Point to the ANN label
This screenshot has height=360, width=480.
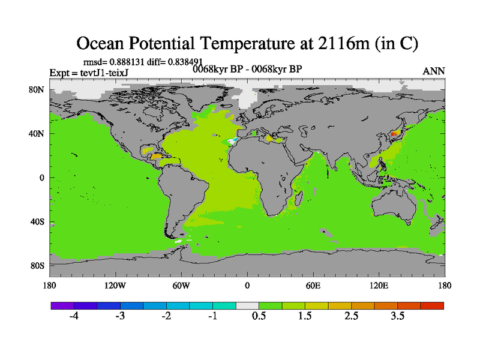point(433,71)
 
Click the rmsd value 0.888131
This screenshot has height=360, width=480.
point(125,61)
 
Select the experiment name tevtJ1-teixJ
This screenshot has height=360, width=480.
point(107,73)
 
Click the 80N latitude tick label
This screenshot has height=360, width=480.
point(37,90)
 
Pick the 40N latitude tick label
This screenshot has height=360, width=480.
point(37,134)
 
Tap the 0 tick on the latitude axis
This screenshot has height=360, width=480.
point(42,178)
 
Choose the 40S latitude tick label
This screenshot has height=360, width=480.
point(37,221)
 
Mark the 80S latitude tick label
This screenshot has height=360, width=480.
point(37,265)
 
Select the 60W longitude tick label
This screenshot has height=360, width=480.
point(181,285)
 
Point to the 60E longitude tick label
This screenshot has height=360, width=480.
point(313,285)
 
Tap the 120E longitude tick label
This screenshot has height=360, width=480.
point(379,285)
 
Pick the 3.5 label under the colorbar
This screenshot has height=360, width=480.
point(398,316)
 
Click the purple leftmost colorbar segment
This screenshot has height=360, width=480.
point(62,305)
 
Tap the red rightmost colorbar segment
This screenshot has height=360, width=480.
point(432,305)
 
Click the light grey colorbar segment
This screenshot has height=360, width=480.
point(247,305)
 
